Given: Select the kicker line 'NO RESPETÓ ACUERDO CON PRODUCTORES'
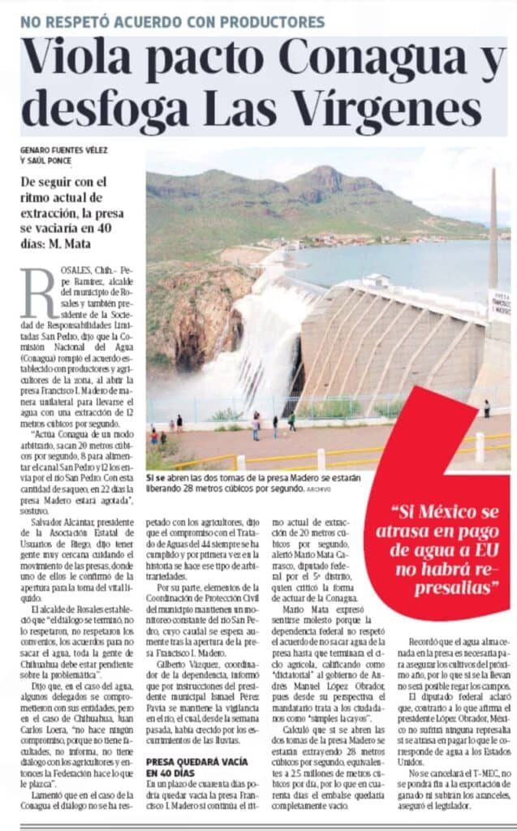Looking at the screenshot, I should tap(173, 22).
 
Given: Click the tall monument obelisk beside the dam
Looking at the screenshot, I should tap(493, 235).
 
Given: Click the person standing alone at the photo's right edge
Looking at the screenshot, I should tap(487, 408).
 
